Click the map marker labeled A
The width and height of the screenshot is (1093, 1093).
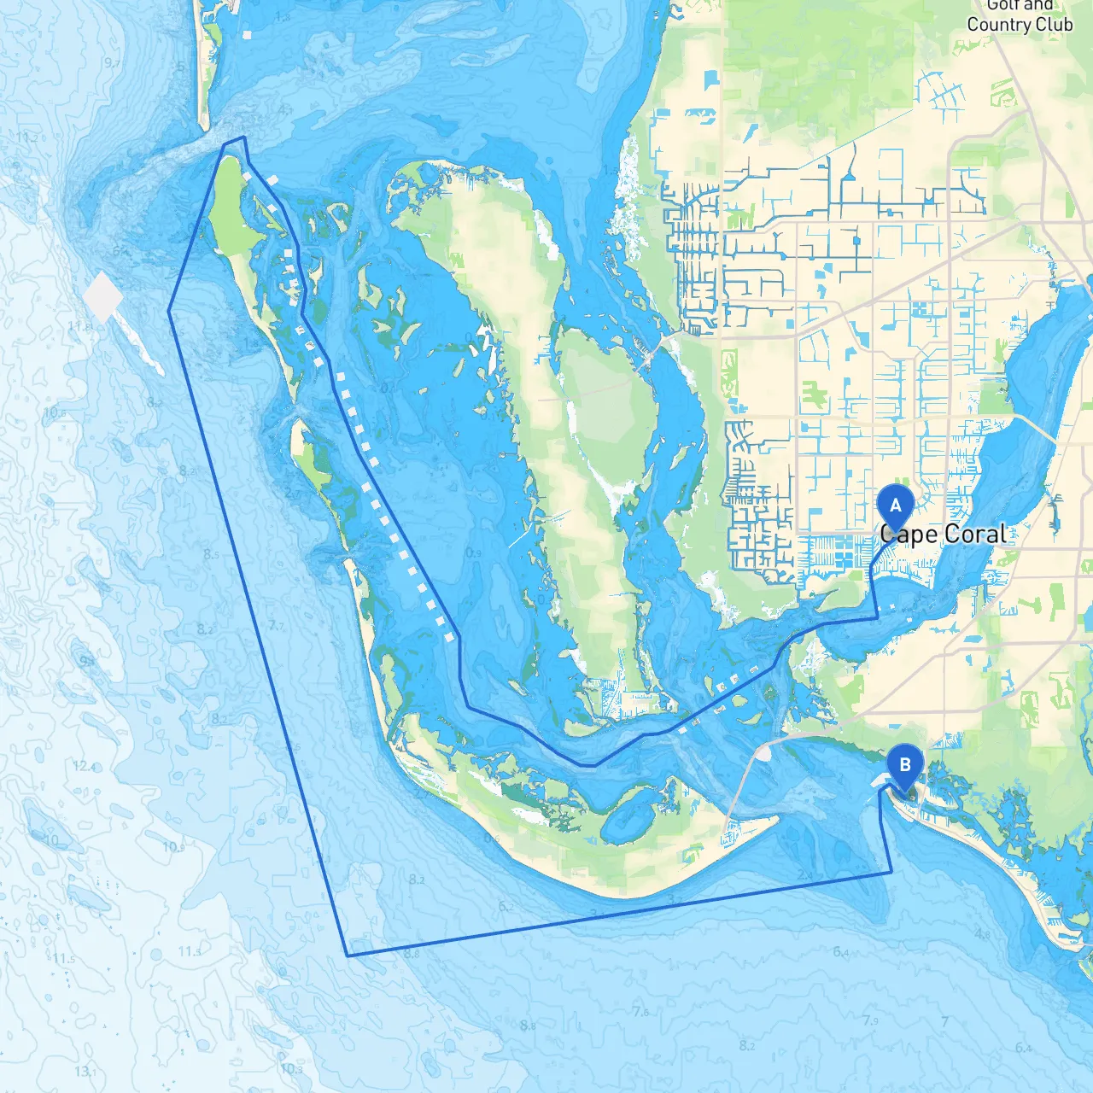click(x=895, y=506)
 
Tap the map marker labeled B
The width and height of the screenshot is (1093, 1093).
click(x=904, y=765)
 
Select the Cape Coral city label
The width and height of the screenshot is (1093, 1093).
click(x=943, y=535)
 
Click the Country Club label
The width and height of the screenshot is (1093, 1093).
click(x=1019, y=24)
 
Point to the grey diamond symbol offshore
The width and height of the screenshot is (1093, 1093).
click(x=104, y=297)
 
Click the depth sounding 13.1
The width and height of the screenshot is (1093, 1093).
click(x=85, y=1071)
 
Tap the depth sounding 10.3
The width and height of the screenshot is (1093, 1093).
click(x=291, y=1068)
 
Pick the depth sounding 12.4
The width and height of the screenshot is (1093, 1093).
click(x=84, y=766)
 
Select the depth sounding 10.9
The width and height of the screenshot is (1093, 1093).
click(x=173, y=847)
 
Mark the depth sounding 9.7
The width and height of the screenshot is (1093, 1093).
click(x=112, y=63)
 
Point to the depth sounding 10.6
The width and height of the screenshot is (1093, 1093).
click(x=54, y=412)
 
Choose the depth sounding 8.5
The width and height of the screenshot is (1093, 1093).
click(x=211, y=554)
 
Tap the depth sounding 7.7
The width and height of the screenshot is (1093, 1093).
click(x=277, y=626)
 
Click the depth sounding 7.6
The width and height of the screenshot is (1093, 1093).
click(x=640, y=1012)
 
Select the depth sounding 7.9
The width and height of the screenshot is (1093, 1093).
click(x=869, y=1020)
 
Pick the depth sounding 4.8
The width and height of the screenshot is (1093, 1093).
click(x=982, y=934)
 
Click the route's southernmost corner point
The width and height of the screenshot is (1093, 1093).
click(x=348, y=956)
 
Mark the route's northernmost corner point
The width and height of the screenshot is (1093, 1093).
click(x=244, y=137)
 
